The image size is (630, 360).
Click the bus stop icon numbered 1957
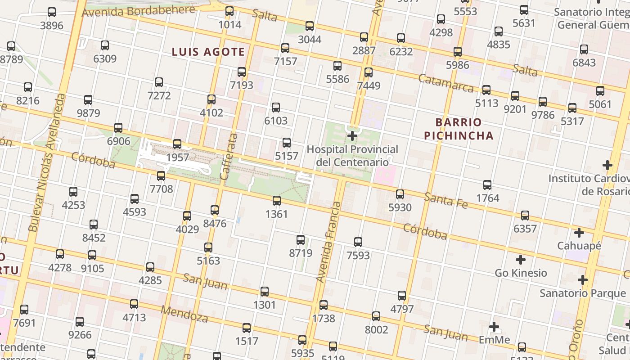pos(177,144)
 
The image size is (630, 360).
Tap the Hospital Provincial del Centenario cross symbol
pos(352,135)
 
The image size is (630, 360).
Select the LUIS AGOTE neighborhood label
pos(208,52)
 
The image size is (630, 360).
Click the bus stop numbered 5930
pos(400,194)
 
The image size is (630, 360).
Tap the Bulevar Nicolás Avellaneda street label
pos(47,162)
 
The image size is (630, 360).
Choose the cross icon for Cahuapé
pos(579,233)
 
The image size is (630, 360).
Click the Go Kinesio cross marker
pos(521,260)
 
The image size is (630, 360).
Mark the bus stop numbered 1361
pos(277,201)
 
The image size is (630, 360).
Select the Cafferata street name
pos(228,157)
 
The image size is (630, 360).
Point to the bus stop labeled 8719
pos(301,240)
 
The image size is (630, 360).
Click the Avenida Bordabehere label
pos(139,11)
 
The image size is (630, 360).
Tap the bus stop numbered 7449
pos(369,72)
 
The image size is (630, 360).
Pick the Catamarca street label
pos(445,83)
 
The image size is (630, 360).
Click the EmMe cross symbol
pos(494,327)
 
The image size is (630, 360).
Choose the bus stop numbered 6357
pos(525,216)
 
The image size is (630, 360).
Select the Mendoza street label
pos(184,314)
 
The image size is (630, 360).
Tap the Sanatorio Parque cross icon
pos(583,280)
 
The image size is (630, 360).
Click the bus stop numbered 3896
pos(52,12)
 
